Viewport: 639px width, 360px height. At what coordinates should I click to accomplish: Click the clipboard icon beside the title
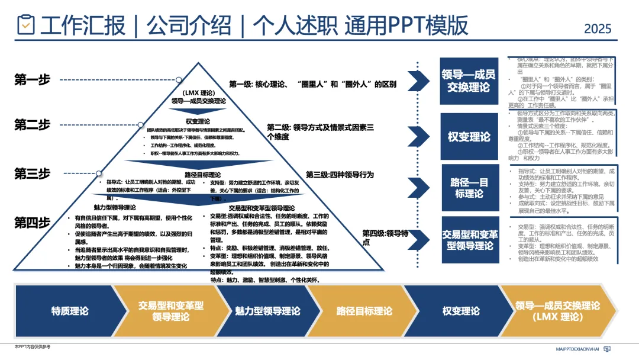(x=25, y=25)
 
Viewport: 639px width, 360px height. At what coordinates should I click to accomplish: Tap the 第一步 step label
(x=32, y=80)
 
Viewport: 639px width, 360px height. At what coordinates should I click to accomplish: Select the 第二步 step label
(x=32, y=125)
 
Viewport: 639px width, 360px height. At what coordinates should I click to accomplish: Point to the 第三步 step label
(x=32, y=174)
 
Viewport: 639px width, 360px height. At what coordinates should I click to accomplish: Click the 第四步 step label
(x=32, y=223)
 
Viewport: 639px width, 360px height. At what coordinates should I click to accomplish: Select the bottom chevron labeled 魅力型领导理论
(x=267, y=311)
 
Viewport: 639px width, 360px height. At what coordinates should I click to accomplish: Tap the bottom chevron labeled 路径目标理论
(x=364, y=311)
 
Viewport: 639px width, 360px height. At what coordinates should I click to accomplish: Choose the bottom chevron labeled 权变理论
(x=461, y=311)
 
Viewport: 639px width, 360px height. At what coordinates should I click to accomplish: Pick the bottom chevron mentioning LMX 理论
(x=557, y=311)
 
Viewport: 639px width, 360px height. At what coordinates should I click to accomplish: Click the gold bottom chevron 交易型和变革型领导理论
(x=170, y=311)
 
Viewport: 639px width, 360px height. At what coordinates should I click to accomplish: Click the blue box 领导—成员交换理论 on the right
(x=469, y=81)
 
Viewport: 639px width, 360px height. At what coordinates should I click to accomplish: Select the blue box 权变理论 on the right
(x=469, y=137)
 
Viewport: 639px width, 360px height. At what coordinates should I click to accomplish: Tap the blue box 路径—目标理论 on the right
(x=469, y=187)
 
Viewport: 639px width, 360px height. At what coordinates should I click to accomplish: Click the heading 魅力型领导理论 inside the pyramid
(x=114, y=208)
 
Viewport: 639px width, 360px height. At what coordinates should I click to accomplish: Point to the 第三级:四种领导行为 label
(x=340, y=175)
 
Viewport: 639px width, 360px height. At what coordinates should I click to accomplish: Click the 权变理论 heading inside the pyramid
(x=198, y=121)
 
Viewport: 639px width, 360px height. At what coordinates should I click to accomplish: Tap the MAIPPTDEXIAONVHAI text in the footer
(x=577, y=350)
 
